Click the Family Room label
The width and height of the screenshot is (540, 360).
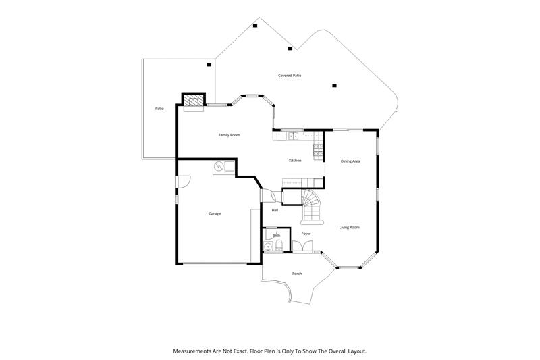(229, 135)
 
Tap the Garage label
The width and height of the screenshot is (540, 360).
(215, 213)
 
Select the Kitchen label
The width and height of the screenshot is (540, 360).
(295, 161)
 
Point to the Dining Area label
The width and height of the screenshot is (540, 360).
(350, 161)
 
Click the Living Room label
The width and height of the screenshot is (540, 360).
(349, 227)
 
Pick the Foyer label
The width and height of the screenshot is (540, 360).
(306, 234)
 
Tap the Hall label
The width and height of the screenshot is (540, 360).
(275, 210)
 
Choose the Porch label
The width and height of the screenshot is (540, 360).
(297, 274)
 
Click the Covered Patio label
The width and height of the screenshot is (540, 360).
(290, 75)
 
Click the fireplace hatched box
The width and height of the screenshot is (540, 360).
(193, 100)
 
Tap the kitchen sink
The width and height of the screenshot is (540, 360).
(294, 136)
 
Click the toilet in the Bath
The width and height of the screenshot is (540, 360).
(279, 245)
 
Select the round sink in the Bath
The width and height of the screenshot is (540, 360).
(268, 247)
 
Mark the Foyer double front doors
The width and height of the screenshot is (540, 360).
(302, 246)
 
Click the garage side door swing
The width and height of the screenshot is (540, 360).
(184, 182)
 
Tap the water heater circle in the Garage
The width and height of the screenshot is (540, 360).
(218, 167)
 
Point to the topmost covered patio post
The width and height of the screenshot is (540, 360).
(255, 26)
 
